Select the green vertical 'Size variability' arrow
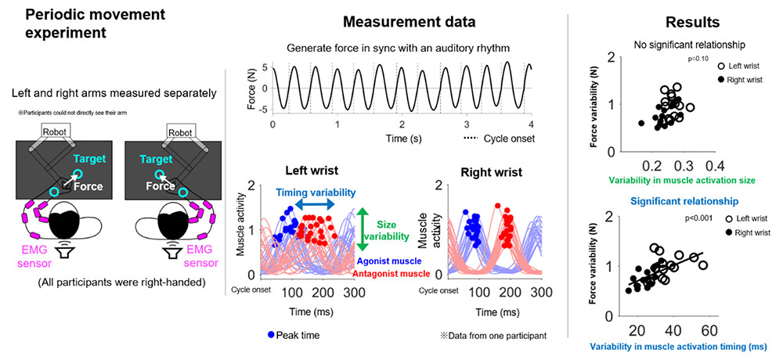tap(361, 228)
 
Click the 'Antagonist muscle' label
tap(391, 273)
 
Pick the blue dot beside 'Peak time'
tap(272, 335)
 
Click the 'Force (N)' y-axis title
tap(253, 86)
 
